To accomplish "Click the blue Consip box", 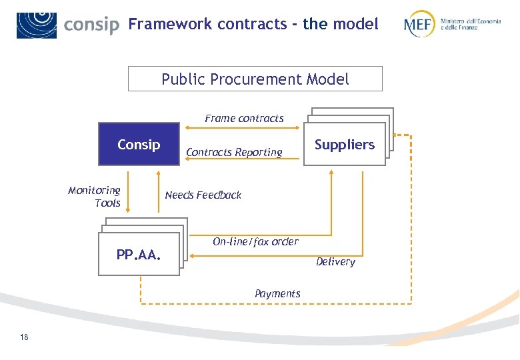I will tap(139, 144).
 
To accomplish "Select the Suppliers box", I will tap(345, 144).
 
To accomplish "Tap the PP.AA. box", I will tap(139, 255).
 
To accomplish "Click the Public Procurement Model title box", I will tap(255, 79).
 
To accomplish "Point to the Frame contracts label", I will tap(244, 118).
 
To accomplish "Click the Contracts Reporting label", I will tap(234, 152).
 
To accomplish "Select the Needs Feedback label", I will tap(203, 195).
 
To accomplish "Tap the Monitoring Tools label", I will tap(95, 197).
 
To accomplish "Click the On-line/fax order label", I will tap(255, 241).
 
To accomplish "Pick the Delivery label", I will tap(335, 261).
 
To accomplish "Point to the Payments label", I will tap(277, 293).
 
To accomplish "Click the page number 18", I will tap(24, 337).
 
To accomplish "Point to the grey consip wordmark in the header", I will tap(91, 25).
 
